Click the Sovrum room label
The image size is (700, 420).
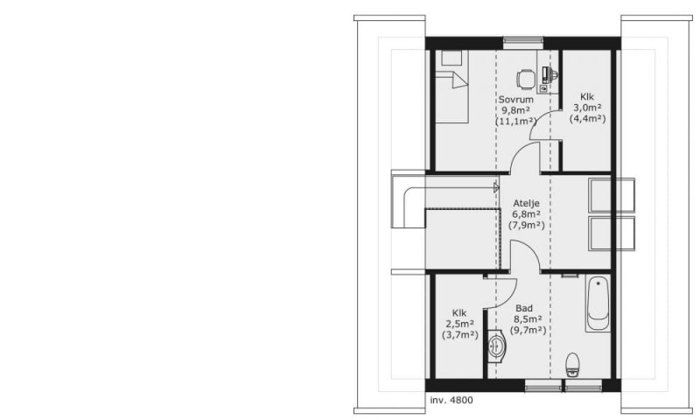pyautogui.click(x=515, y=100)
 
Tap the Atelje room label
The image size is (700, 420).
pyautogui.click(x=526, y=204)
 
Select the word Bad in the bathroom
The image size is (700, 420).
pyautogui.click(x=523, y=308)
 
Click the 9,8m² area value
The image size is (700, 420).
pyautogui.click(x=515, y=110)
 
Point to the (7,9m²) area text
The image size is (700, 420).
pyautogui.click(x=527, y=225)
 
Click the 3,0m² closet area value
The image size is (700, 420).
pyautogui.click(x=587, y=108)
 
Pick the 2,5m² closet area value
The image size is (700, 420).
pyautogui.click(x=459, y=324)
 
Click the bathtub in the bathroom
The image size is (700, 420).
pyautogui.click(x=598, y=304)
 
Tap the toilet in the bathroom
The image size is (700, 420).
pyautogui.click(x=572, y=364)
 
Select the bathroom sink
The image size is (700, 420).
pyautogui.click(x=496, y=345)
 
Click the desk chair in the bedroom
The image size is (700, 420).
pyautogui.click(x=526, y=80)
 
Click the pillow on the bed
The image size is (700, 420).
pyautogui.click(x=451, y=58)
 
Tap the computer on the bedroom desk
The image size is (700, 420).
pyautogui.click(x=546, y=76)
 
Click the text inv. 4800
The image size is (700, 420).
pyautogui.click(x=451, y=401)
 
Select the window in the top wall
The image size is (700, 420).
pyautogui.click(x=523, y=43)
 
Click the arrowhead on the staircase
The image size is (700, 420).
pyautogui.click(x=496, y=187)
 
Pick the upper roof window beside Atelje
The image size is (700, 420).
pyautogui.click(x=611, y=195)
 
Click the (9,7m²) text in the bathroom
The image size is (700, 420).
pyautogui.click(x=528, y=330)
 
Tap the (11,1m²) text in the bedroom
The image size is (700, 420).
pyautogui.click(x=515, y=121)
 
